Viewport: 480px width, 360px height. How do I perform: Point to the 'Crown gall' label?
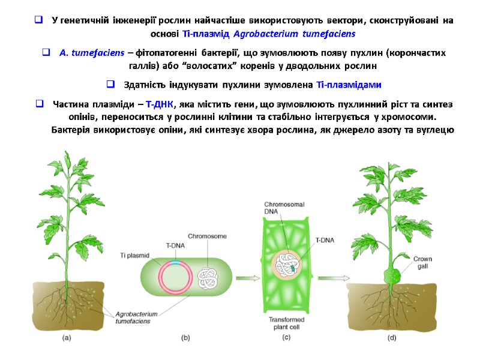point(423,263)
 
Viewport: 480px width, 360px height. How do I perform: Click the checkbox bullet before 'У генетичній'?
point(38,21)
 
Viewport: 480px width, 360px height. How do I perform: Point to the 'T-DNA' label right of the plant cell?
point(325,241)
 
